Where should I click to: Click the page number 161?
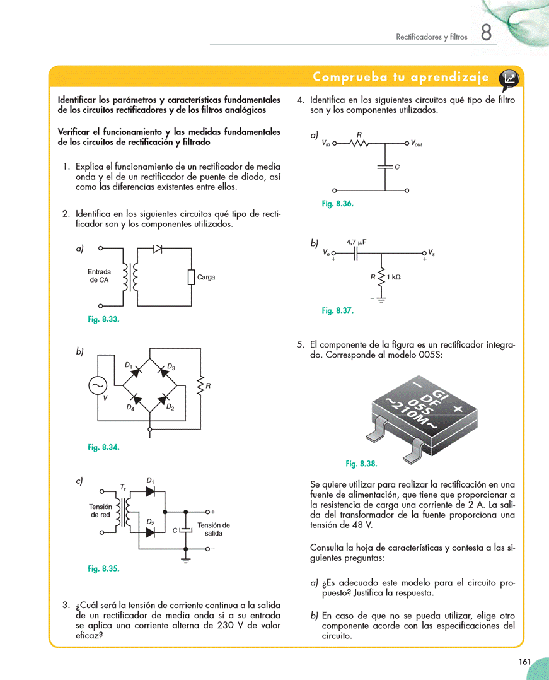click(x=524, y=662)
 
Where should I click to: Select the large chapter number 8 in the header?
click(x=486, y=33)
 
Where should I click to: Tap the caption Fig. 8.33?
click(x=103, y=319)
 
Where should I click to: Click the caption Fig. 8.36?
click(x=337, y=204)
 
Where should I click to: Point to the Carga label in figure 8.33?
click(x=206, y=277)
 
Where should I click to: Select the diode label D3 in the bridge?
click(x=171, y=366)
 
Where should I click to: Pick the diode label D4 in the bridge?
click(x=130, y=407)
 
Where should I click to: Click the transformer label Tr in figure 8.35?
click(x=123, y=487)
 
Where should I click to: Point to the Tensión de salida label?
click(x=213, y=529)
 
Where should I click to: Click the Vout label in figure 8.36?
click(x=417, y=144)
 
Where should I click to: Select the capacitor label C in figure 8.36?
click(x=397, y=167)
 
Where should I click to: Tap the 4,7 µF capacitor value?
click(x=356, y=242)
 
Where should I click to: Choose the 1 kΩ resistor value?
click(x=393, y=276)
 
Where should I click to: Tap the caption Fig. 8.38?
click(x=361, y=464)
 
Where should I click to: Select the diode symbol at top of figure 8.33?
click(x=158, y=249)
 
